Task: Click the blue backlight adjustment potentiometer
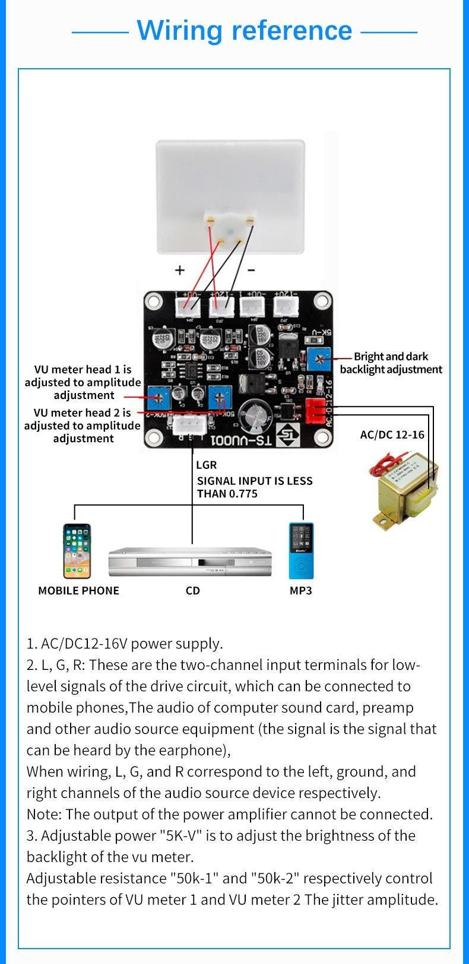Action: pyautogui.click(x=322, y=358)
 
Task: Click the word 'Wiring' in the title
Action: pyautogui.click(x=179, y=30)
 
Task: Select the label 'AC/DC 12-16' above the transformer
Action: pyautogui.click(x=392, y=435)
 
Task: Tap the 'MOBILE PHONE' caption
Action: pyautogui.click(x=78, y=590)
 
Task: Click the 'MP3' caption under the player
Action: pyautogui.click(x=300, y=590)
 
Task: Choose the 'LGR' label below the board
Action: pyautogui.click(x=206, y=465)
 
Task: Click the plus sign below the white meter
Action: pyautogui.click(x=179, y=270)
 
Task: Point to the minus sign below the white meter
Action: pyautogui.click(x=251, y=270)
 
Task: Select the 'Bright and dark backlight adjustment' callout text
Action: pyautogui.click(x=391, y=363)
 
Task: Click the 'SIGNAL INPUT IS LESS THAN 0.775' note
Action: pyautogui.click(x=255, y=487)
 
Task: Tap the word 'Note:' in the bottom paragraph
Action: pyautogui.click(x=44, y=814)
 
